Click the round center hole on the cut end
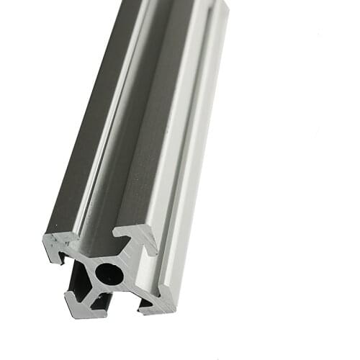[x=109, y=272]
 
